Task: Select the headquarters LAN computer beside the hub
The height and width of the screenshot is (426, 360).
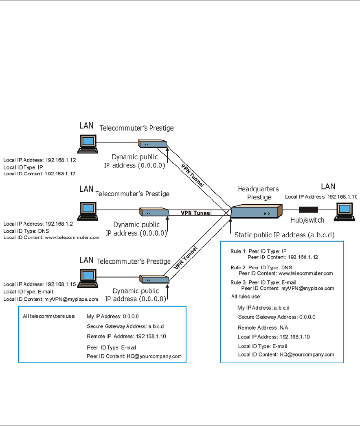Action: [344, 212]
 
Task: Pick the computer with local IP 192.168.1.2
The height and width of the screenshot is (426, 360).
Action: [88, 210]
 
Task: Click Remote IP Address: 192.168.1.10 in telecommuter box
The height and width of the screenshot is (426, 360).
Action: [126, 336]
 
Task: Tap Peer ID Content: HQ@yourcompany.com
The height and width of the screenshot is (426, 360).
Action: [134, 356]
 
